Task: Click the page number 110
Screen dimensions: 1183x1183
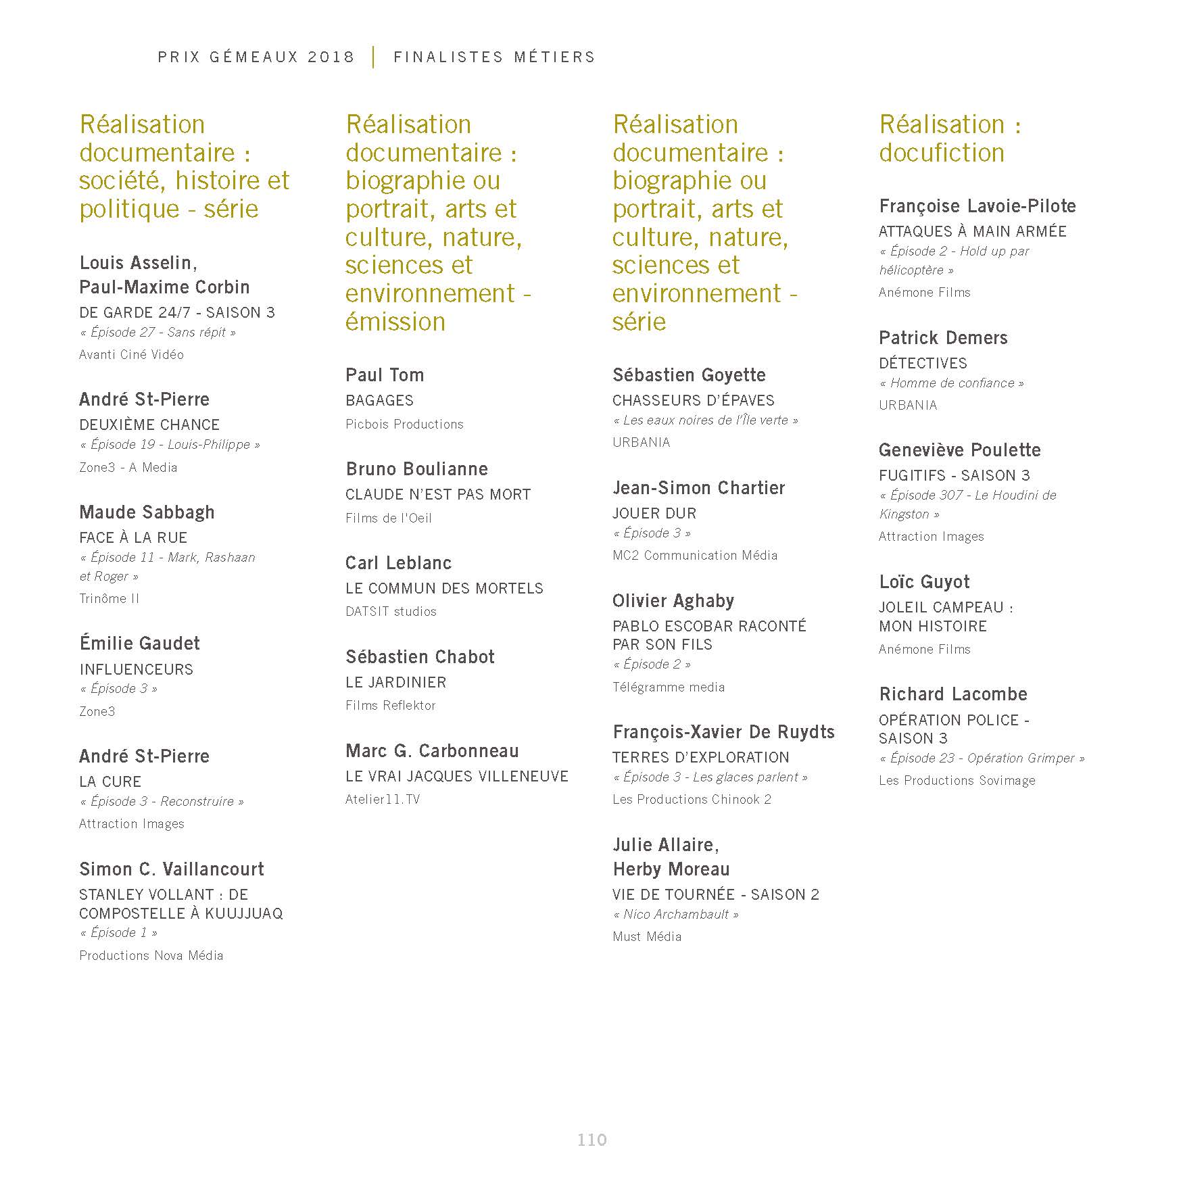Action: [591, 1140]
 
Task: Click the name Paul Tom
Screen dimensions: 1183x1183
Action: [385, 375]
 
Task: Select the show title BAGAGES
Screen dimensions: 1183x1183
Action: [379, 400]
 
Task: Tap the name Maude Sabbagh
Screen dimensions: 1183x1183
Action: [147, 512]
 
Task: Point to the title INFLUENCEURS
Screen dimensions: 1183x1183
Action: [136, 669]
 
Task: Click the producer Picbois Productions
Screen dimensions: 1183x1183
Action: [404, 425]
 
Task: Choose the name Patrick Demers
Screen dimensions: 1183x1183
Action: [943, 338]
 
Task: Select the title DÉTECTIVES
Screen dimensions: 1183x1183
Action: [923, 363]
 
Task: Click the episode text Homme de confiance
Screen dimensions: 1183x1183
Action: [952, 383]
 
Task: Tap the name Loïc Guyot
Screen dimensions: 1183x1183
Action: [924, 582]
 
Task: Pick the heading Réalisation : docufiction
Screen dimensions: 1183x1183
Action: [950, 139]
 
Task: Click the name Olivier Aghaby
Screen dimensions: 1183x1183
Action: [673, 601]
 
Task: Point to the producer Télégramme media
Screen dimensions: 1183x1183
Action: [669, 687]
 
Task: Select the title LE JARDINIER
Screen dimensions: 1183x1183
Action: [396, 683]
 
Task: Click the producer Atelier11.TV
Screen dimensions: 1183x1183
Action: [383, 800]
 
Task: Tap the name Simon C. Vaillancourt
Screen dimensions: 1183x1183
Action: [172, 869]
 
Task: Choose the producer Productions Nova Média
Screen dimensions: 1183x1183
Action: [151, 955]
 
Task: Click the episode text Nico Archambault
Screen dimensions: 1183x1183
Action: [676, 915]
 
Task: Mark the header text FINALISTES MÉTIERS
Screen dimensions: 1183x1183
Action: [494, 57]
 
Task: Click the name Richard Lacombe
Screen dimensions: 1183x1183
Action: [953, 694]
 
